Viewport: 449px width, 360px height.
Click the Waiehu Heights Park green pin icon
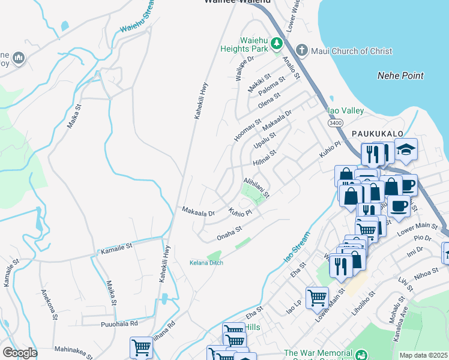[x=277, y=43]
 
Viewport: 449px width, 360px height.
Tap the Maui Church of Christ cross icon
[x=302, y=50]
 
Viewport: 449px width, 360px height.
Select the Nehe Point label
[x=400, y=76]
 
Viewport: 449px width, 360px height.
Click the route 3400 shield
[x=335, y=122]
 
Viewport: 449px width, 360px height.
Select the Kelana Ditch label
[x=206, y=263]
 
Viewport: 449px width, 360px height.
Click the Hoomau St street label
[x=247, y=130]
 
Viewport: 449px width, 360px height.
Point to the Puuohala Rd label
[x=119, y=323]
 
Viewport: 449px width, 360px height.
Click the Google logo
[x=20, y=353]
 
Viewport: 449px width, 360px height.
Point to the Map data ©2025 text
[x=423, y=355]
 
